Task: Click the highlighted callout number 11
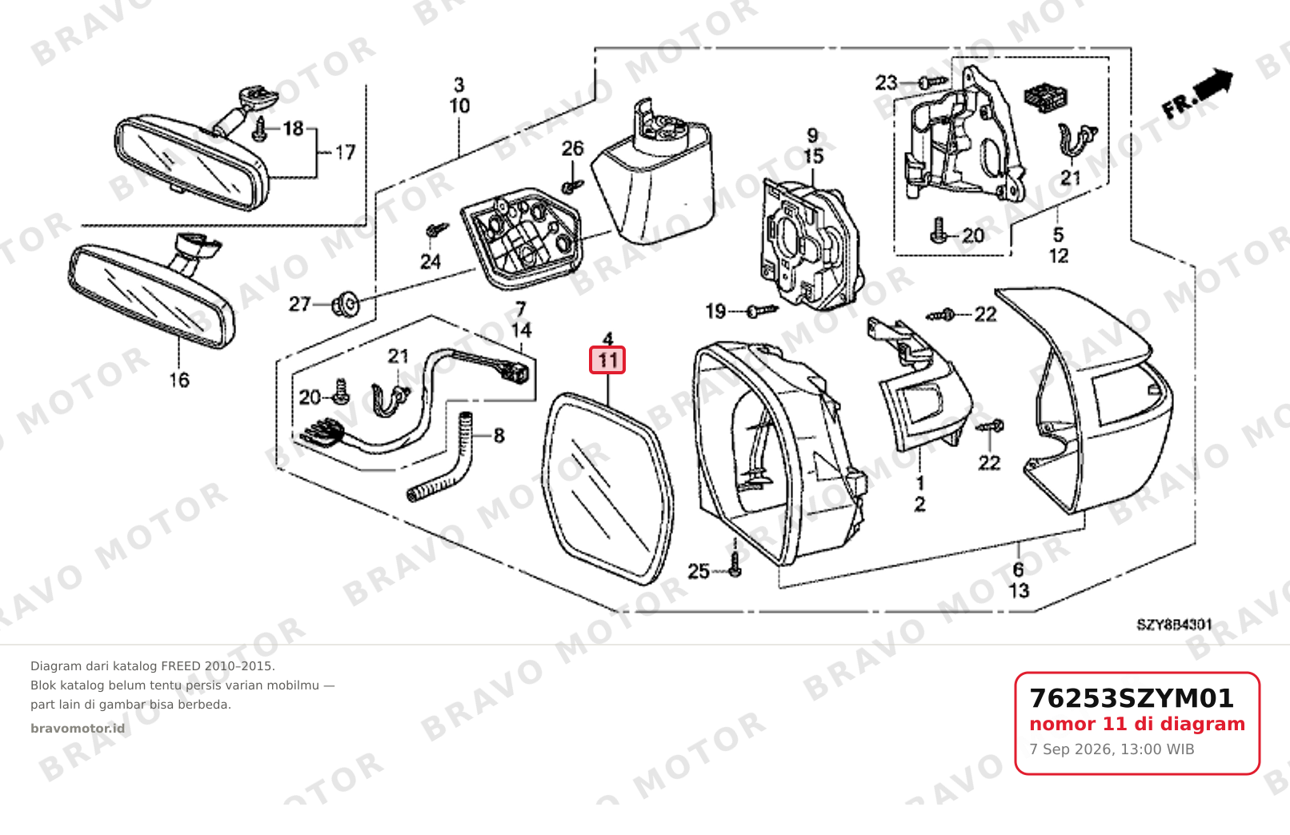tap(607, 360)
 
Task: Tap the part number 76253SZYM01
tap(1132, 698)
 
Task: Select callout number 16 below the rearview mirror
tap(179, 380)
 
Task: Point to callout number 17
tap(345, 153)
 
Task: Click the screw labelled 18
tap(260, 129)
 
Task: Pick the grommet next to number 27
tap(346, 305)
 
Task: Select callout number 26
tap(572, 149)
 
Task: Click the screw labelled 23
tap(934, 82)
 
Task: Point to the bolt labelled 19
tap(762, 311)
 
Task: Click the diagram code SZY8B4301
tap(1174, 625)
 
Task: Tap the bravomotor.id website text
tap(78, 729)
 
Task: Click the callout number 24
tap(431, 262)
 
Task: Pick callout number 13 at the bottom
tap(1019, 590)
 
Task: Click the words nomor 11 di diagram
tap(1137, 724)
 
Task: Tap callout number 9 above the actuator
tap(812, 135)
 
